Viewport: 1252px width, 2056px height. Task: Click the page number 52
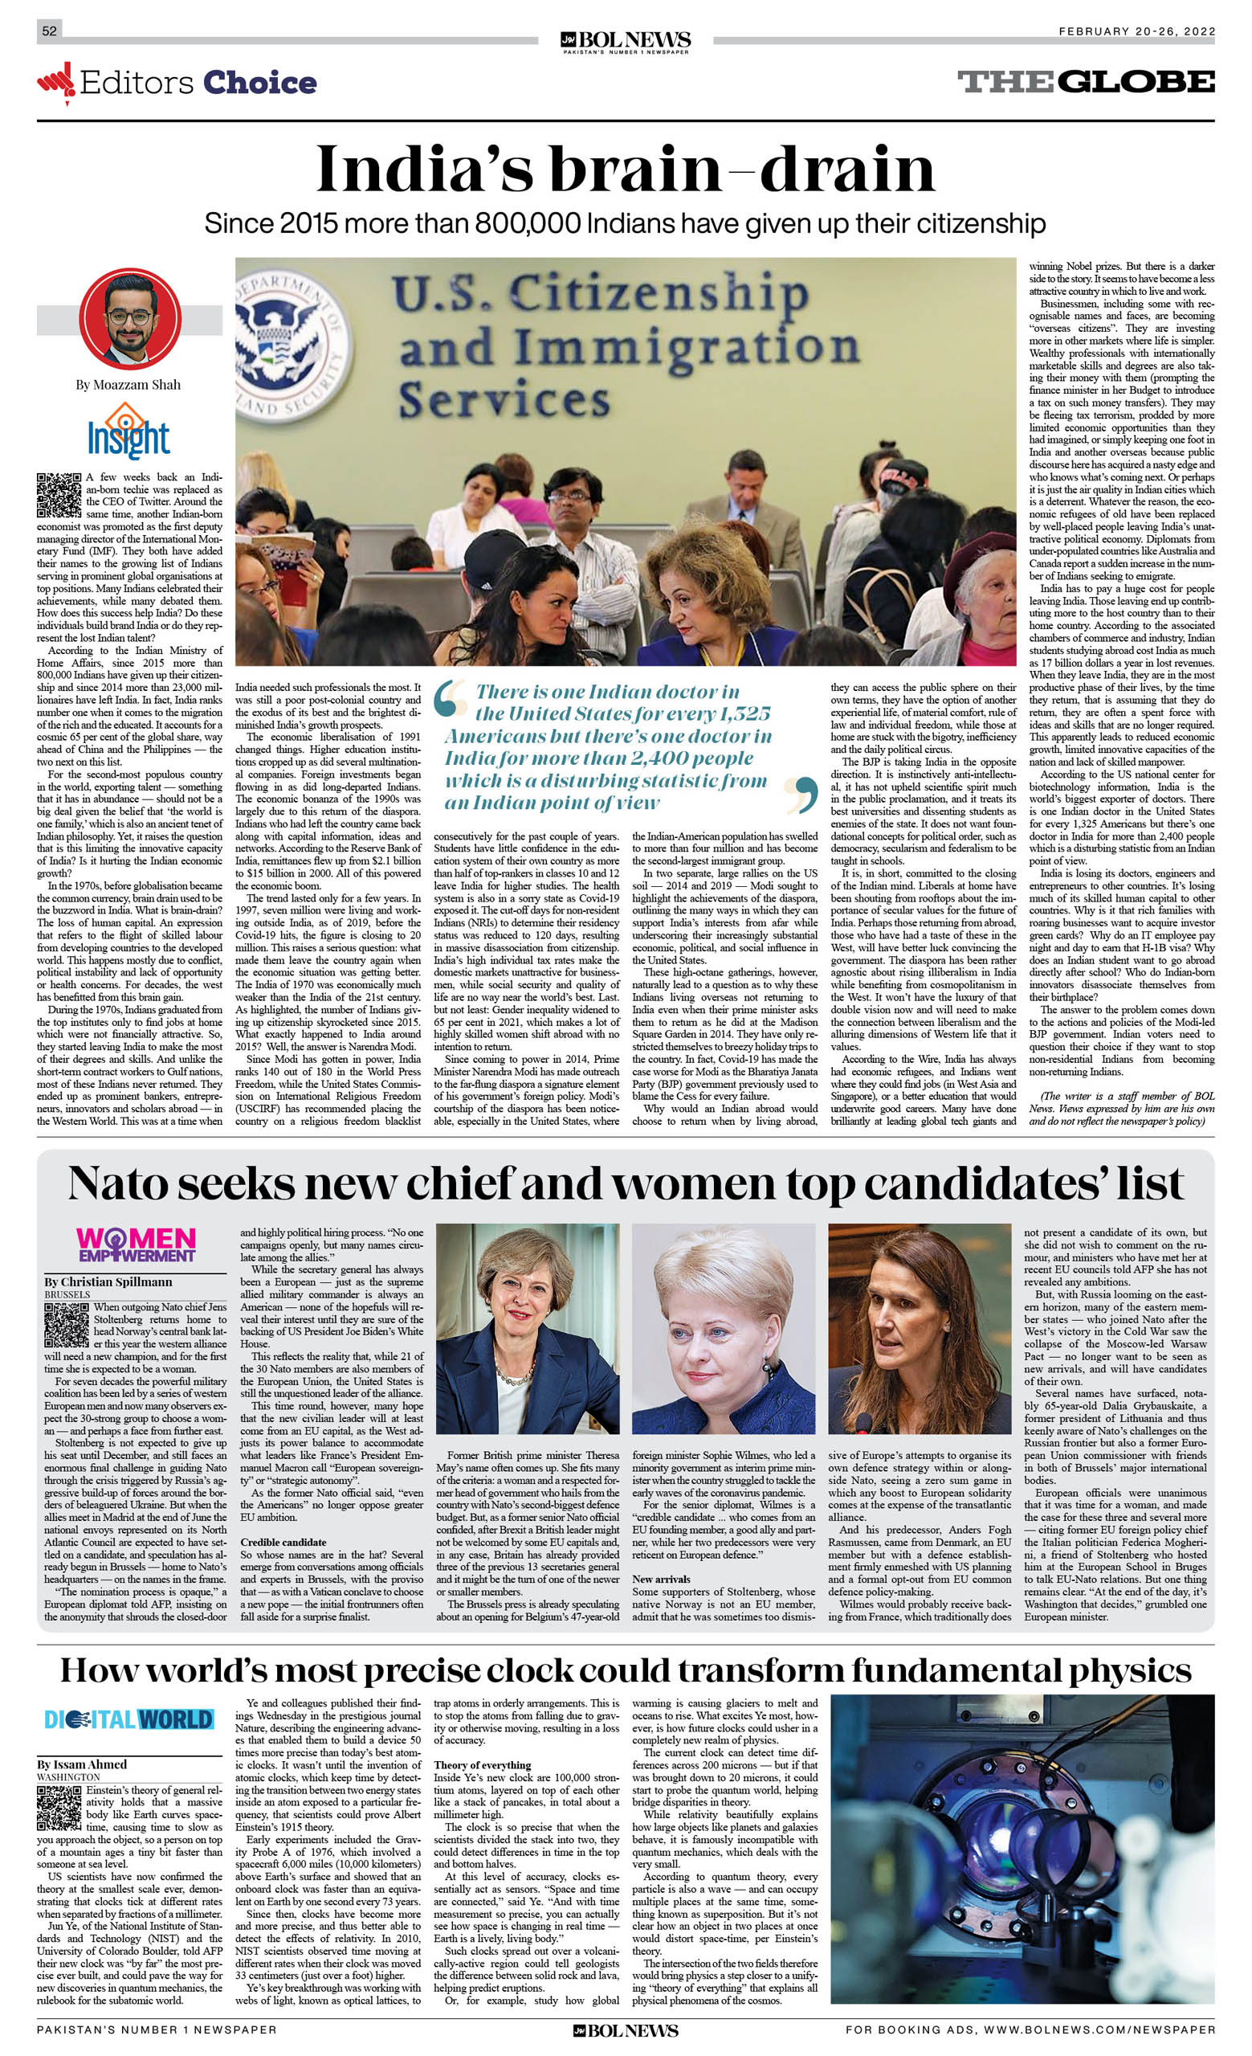pos(50,31)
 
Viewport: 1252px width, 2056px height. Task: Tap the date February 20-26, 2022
pos(1136,31)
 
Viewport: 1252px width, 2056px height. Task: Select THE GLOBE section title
pos(1085,82)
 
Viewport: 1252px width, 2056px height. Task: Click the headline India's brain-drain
pos(626,170)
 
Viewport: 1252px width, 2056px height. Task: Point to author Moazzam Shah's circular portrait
pos(130,318)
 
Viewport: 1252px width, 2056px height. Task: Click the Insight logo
pos(128,431)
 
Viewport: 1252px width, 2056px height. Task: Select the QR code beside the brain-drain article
pos(59,494)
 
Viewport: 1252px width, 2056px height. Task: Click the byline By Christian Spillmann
pos(108,1281)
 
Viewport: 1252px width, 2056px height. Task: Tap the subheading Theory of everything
pos(482,1765)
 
